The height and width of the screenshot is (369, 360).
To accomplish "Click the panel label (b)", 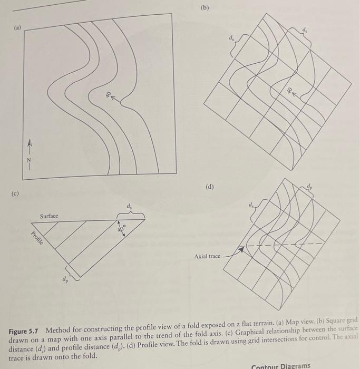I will click(205, 8).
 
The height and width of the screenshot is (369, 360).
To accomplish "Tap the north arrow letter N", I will click(30, 158).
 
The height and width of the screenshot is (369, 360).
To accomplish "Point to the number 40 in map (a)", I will click(108, 95).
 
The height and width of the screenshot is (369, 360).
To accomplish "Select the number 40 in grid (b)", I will click(289, 90).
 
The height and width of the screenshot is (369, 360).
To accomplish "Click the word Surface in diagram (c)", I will click(49, 216).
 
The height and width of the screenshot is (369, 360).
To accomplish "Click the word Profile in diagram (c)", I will click(37, 239).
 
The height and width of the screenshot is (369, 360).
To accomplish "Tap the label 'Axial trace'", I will click(207, 256).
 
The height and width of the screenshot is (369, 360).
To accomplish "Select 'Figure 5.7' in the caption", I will click(25, 330).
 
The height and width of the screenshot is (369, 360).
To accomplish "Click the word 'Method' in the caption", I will click(59, 330).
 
